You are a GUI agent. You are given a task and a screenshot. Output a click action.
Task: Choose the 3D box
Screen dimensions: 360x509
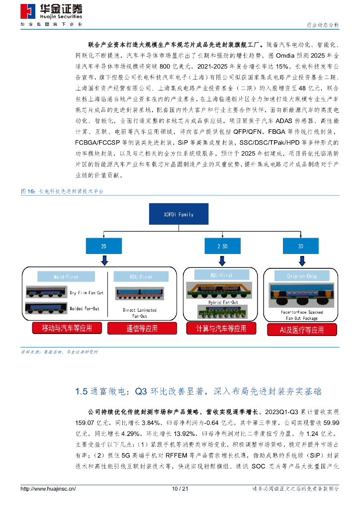tap(300, 246)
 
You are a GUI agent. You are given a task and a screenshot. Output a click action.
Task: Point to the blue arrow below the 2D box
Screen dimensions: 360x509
tap(103, 260)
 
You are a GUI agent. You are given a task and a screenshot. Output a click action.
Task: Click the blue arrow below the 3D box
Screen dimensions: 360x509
tap(300, 260)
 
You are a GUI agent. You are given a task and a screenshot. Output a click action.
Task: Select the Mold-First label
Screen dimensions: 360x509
tap(65, 277)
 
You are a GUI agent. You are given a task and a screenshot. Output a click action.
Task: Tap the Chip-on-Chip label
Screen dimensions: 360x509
tap(302, 276)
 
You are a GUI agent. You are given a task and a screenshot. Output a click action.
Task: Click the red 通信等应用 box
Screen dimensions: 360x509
tap(140, 328)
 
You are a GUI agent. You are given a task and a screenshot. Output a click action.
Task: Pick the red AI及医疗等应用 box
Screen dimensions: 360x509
tap(302, 330)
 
